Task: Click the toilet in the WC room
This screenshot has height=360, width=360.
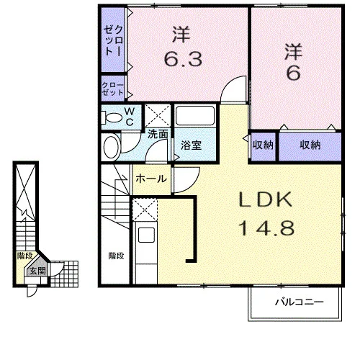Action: coord(111,117)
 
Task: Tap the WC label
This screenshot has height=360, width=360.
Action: coord(130,117)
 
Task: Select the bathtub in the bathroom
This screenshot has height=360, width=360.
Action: coord(195,115)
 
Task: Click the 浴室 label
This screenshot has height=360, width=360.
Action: coord(191,145)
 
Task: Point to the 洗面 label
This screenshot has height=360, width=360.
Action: coord(158,134)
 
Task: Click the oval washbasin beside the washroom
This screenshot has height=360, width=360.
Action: coord(112,147)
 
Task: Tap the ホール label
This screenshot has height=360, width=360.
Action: coord(151,179)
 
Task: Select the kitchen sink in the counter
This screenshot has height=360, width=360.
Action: coord(146,235)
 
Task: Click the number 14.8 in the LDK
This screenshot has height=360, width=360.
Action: coord(266,228)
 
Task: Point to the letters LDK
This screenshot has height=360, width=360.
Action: coord(266,199)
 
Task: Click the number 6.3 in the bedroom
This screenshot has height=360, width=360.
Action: coord(184,58)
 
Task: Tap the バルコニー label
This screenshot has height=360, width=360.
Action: coord(300,302)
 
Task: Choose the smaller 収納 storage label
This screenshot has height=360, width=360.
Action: coord(263,145)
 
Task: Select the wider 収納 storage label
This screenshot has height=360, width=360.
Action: coord(310,145)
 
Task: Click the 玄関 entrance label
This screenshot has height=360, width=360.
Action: coord(37,271)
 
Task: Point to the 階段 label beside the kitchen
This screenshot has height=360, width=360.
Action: coord(116,256)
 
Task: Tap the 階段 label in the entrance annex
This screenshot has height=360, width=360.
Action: coord(24,256)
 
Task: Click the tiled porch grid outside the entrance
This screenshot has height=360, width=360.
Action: coord(64,274)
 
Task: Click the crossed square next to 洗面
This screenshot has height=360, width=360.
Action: coord(158,115)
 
